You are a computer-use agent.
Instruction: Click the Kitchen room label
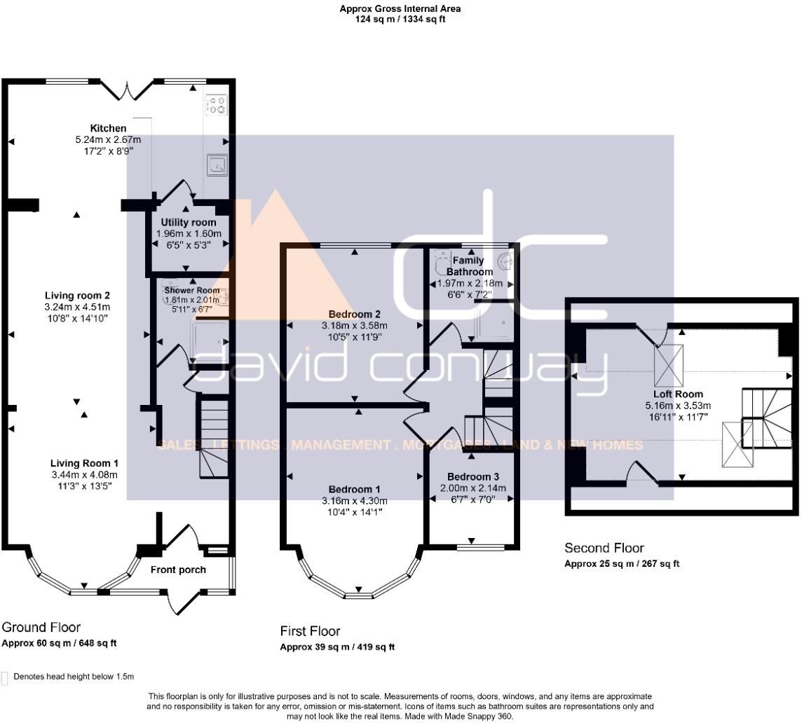coord(108,128)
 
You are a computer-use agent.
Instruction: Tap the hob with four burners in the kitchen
coord(216,106)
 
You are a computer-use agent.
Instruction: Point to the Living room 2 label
coord(77,295)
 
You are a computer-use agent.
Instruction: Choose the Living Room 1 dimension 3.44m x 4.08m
coord(84,474)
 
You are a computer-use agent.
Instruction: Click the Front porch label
coord(178,570)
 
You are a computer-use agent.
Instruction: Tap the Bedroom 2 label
coord(354,314)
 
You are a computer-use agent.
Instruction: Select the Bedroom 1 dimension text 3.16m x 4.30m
coord(354,500)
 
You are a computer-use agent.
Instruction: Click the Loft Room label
coord(678,394)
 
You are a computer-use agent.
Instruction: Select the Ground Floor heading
coord(41,627)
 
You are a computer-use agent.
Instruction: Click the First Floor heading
coord(311,631)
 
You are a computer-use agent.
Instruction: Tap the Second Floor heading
coord(604,548)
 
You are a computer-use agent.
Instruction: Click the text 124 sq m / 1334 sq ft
coord(400,20)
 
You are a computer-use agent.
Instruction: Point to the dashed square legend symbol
coord(6,677)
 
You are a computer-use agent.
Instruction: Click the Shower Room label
coord(191,290)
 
